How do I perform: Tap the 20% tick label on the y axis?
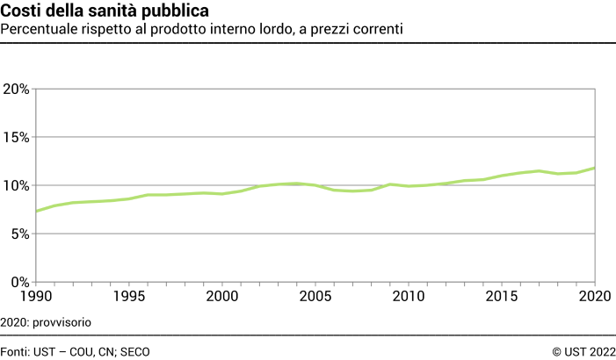[x=17, y=90]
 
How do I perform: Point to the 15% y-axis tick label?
[x=17, y=138]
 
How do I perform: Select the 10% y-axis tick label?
[x=17, y=186]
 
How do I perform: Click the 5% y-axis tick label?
[x=20, y=234]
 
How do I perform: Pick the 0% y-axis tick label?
[x=20, y=282]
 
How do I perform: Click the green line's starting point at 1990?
[x=35, y=211]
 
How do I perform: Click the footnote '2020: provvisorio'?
[x=46, y=322]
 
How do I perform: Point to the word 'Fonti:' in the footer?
[x=15, y=351]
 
